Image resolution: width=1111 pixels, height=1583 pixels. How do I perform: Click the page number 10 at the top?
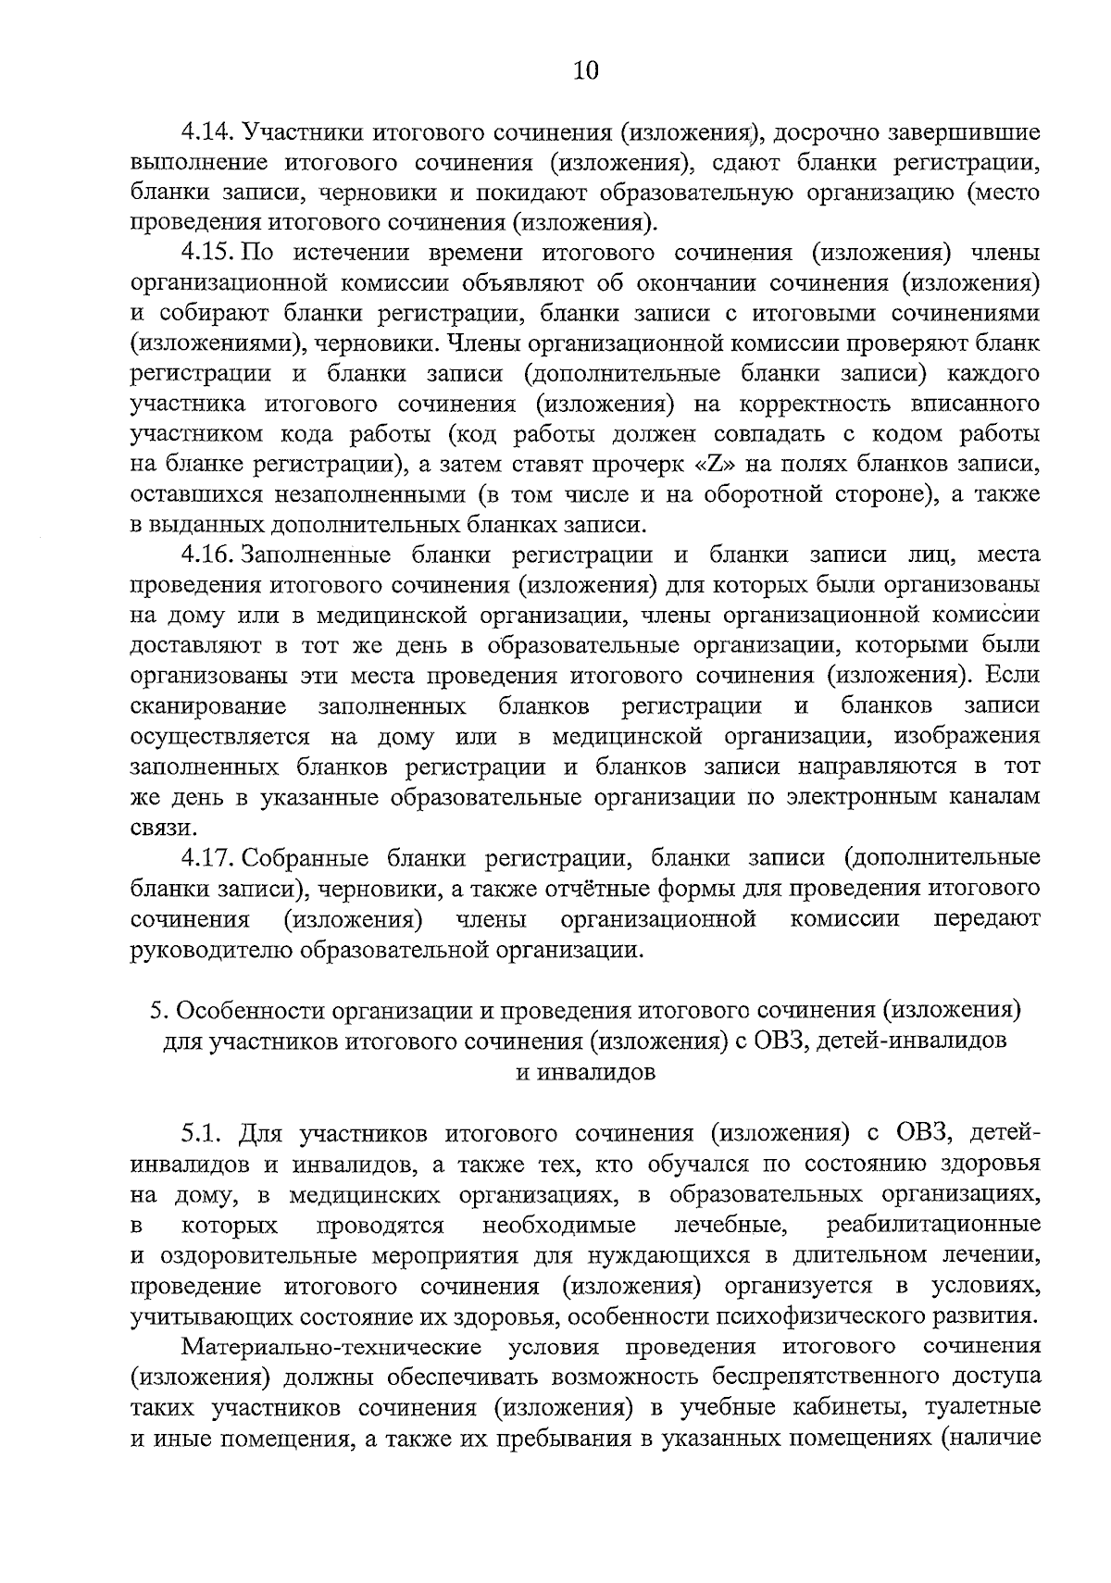point(586,71)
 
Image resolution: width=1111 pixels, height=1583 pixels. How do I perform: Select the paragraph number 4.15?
point(209,253)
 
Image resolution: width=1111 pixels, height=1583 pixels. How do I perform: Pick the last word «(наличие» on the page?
point(988,1437)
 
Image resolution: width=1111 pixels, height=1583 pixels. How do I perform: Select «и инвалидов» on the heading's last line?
point(585,1072)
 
